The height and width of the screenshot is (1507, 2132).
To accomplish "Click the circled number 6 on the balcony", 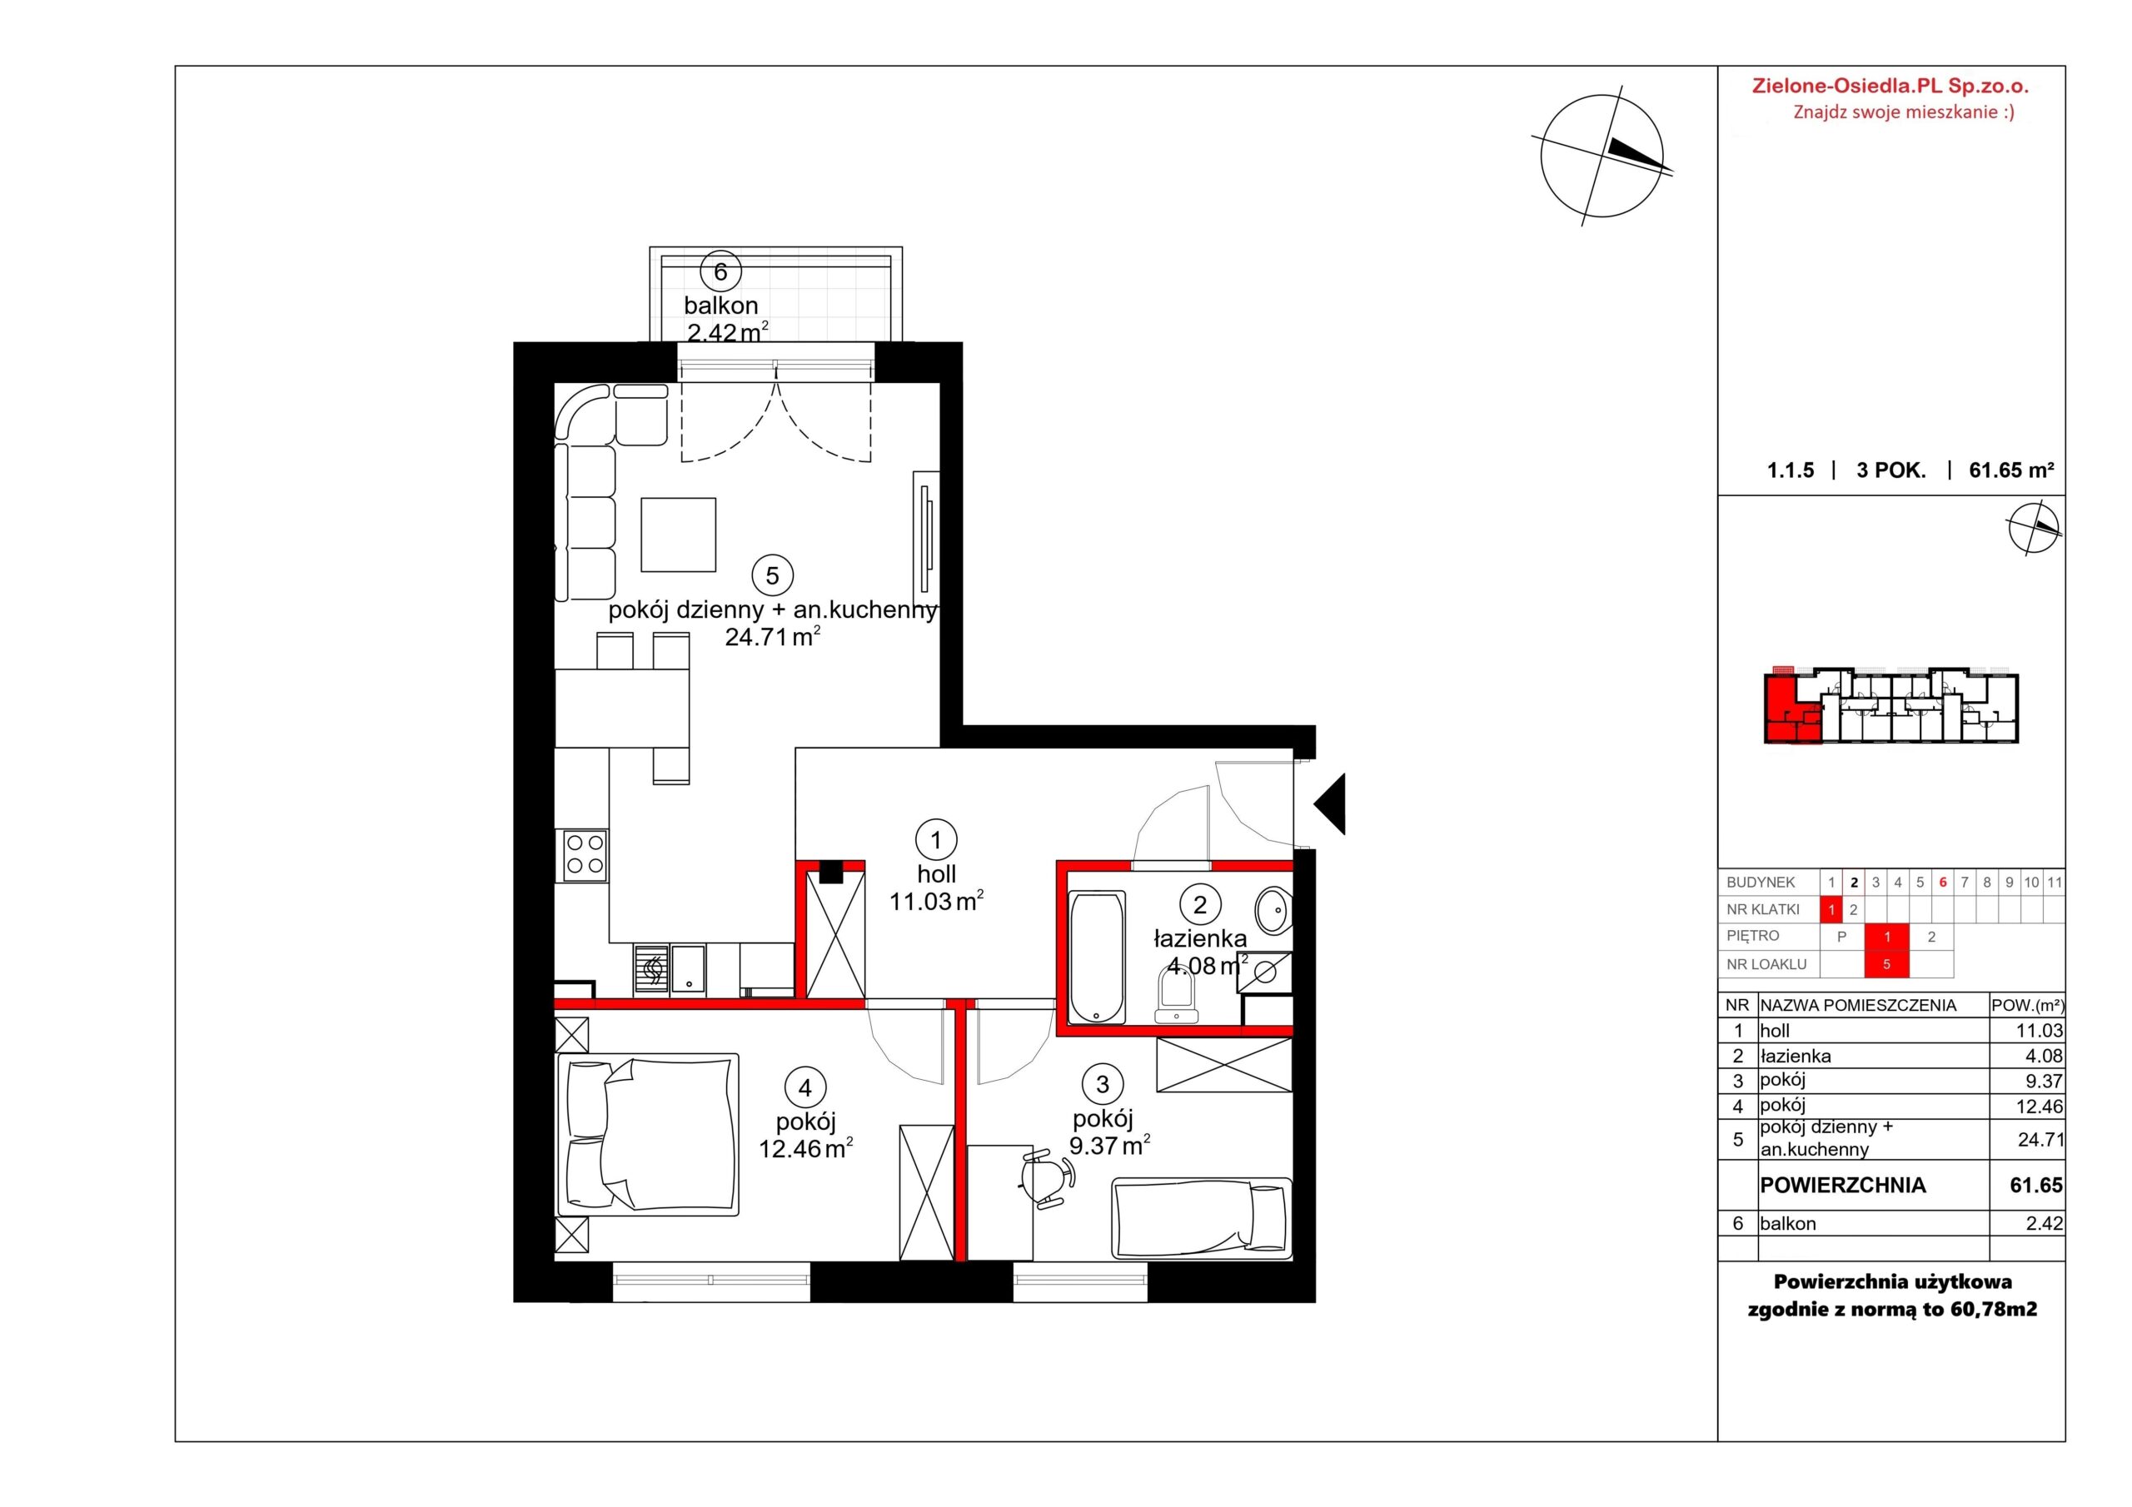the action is point(720,272).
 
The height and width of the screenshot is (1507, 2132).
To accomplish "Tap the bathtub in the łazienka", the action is point(1098,957).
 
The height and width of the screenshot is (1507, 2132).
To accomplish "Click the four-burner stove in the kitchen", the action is point(585,855).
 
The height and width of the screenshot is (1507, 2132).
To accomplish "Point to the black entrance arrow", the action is point(1330,803).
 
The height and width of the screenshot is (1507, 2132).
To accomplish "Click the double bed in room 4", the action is point(647,1134).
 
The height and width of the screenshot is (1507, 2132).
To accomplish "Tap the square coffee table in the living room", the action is point(678,535).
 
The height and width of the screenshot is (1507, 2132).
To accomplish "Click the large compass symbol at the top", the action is point(1601,156).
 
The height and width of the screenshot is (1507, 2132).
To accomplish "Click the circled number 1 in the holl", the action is point(935,839).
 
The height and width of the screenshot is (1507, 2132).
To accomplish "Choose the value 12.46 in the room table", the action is point(2040,1106).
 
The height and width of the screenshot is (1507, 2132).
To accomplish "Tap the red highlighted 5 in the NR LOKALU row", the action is point(1886,964).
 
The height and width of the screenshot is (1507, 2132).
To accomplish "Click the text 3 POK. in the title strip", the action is point(1891,470).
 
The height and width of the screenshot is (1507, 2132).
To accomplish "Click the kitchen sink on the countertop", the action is point(688,968).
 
